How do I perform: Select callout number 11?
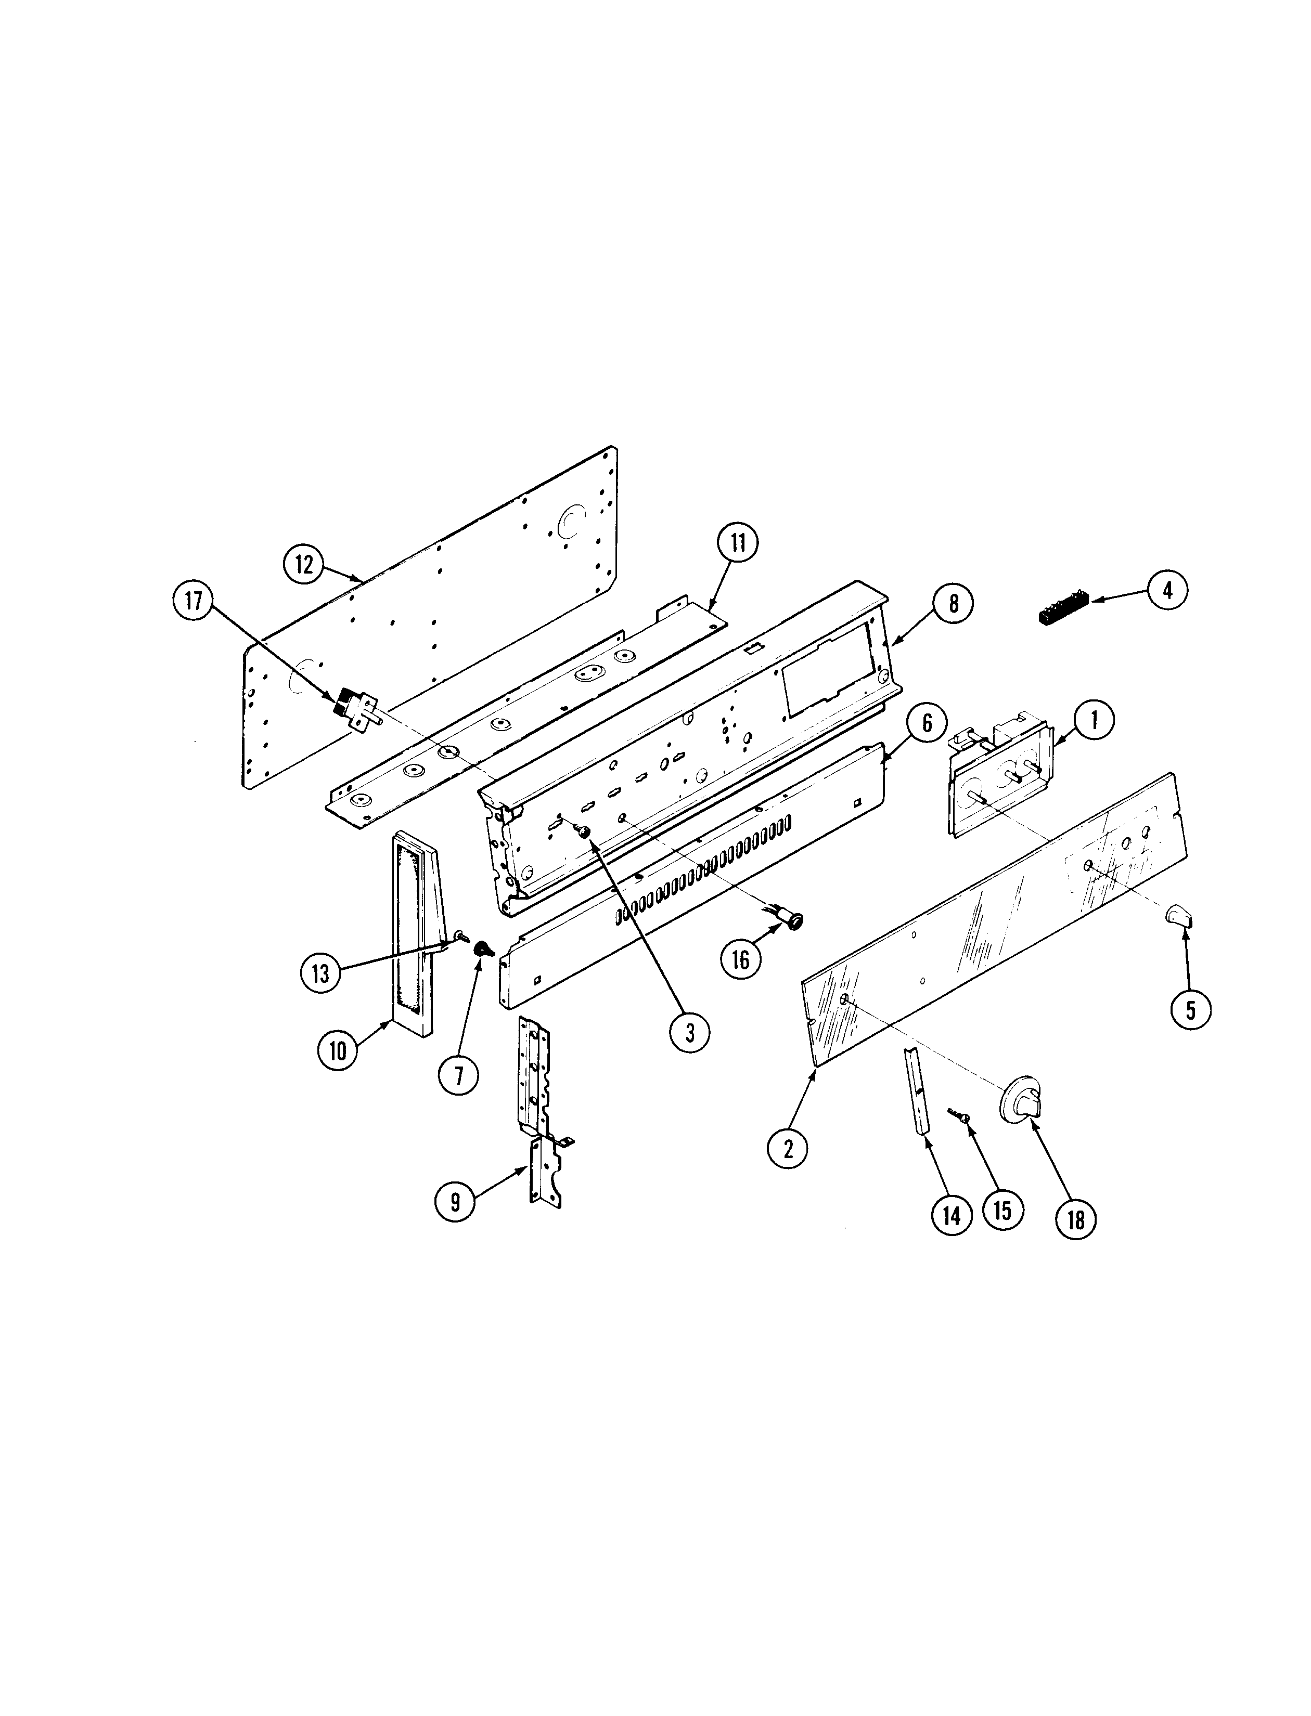738,543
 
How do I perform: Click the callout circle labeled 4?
1167,591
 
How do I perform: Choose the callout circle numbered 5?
1190,1009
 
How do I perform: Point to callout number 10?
337,1050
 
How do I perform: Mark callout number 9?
455,1201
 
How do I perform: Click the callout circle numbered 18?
1076,1219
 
